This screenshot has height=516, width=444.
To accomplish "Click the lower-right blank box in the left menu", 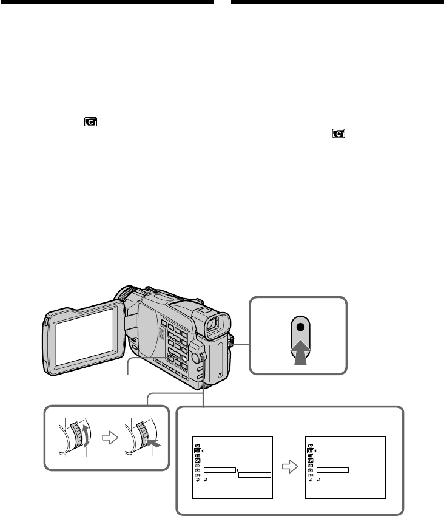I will click(x=254, y=474).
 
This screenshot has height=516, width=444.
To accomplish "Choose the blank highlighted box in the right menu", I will click(x=332, y=469).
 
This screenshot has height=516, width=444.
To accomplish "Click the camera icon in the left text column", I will click(x=90, y=123).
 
